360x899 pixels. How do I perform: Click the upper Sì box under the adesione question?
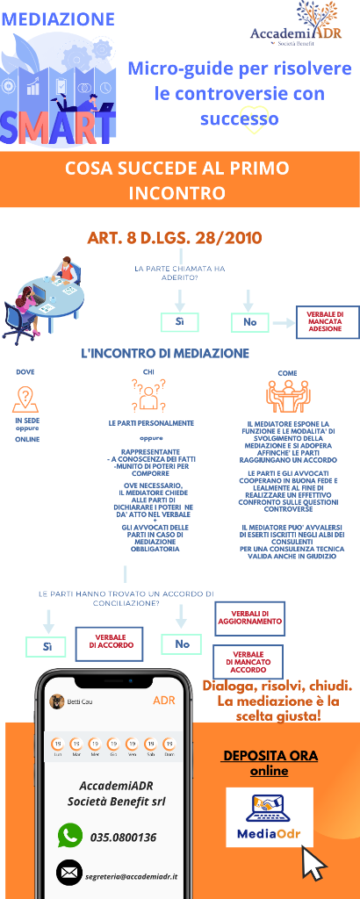tap(179, 322)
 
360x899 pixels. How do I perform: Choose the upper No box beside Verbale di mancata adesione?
tap(249, 322)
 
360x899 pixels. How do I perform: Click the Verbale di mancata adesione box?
tap(325, 322)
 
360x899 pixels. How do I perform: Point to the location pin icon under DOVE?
tap(26, 399)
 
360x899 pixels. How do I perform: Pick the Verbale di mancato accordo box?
tap(249, 660)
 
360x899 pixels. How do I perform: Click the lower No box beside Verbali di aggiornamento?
tap(182, 644)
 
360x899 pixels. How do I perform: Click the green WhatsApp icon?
tap(70, 835)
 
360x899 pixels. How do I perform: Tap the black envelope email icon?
tap(69, 872)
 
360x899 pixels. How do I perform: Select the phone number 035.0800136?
tap(123, 837)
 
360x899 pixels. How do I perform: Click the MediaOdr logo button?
tap(270, 817)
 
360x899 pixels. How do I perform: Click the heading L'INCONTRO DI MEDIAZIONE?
tap(165, 353)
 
